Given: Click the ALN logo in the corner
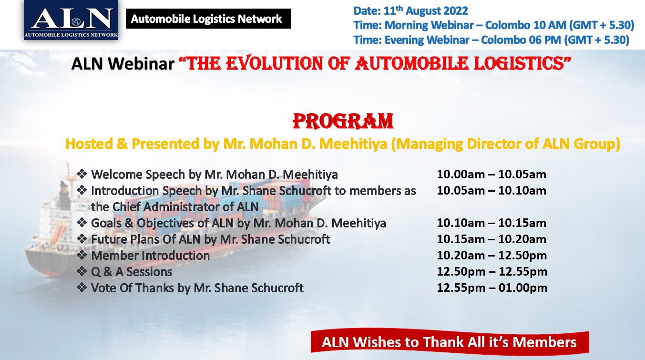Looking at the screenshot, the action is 71,20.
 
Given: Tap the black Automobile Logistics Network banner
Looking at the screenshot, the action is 208,19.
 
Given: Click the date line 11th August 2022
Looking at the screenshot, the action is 411,10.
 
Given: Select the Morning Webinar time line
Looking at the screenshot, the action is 494,25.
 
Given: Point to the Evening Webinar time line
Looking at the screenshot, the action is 491,40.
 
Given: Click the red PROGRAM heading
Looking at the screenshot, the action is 343,121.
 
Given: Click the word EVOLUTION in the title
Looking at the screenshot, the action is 274,63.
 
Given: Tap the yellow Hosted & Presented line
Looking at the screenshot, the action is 343,144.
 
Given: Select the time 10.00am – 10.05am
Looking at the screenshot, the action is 491,174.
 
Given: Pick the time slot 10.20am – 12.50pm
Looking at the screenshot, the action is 492,256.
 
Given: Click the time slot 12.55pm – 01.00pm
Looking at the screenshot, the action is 492,288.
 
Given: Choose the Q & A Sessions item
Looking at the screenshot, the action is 132,272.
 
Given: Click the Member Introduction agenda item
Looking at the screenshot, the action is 150,256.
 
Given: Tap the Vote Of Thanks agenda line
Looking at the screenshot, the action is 197,288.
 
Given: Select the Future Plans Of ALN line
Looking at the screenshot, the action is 211,239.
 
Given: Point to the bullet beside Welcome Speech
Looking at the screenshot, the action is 82,174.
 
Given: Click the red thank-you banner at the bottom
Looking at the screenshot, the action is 450,342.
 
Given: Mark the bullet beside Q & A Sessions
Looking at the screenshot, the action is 82,271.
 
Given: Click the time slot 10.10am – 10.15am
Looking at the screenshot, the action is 491,223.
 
